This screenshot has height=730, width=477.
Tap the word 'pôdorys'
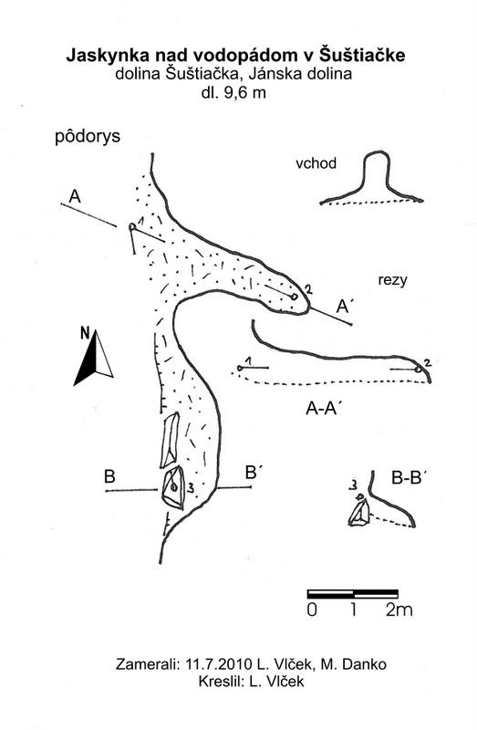click(88, 136)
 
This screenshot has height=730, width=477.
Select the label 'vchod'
click(316, 163)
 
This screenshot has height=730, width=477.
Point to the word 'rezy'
click(392, 280)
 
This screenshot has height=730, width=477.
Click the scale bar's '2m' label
click(399, 610)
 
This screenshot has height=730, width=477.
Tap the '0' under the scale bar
click(312, 610)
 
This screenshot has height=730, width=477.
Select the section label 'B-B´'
click(410, 477)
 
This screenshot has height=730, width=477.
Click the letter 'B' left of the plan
click(109, 476)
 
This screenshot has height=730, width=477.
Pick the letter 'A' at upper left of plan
click(75, 196)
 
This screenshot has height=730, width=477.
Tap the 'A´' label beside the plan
click(345, 307)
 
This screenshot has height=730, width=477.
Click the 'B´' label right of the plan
click(252, 473)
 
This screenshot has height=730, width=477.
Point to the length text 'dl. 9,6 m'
click(233, 93)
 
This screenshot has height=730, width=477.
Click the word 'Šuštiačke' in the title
click(362, 55)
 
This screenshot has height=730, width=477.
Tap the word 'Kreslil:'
click(222, 682)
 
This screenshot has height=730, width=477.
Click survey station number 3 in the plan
click(191, 487)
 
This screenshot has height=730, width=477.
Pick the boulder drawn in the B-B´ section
click(359, 512)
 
